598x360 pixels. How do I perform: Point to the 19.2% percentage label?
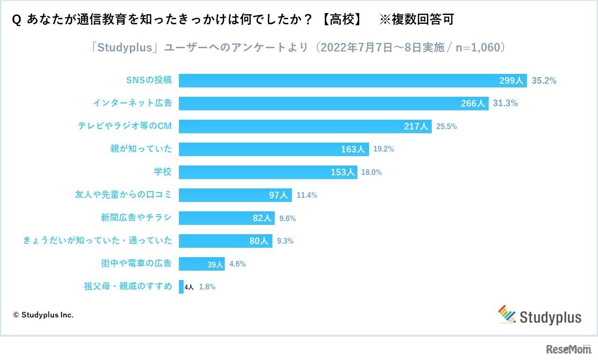click(x=384, y=149)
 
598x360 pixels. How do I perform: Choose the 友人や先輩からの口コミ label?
click(x=123, y=195)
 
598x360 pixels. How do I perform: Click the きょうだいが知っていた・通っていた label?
click(x=98, y=241)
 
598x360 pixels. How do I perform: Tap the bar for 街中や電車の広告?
click(x=201, y=264)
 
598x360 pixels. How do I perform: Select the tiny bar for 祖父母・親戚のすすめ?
click(x=181, y=287)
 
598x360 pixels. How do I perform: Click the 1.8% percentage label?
click(x=207, y=287)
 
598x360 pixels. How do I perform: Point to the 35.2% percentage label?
click(x=544, y=80)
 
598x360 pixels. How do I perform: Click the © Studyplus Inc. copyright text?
click(x=43, y=315)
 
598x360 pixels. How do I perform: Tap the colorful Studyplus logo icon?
click(x=506, y=314)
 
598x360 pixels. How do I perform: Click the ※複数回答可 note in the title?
click(x=417, y=20)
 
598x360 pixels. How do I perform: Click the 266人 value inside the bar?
click(x=473, y=103)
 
